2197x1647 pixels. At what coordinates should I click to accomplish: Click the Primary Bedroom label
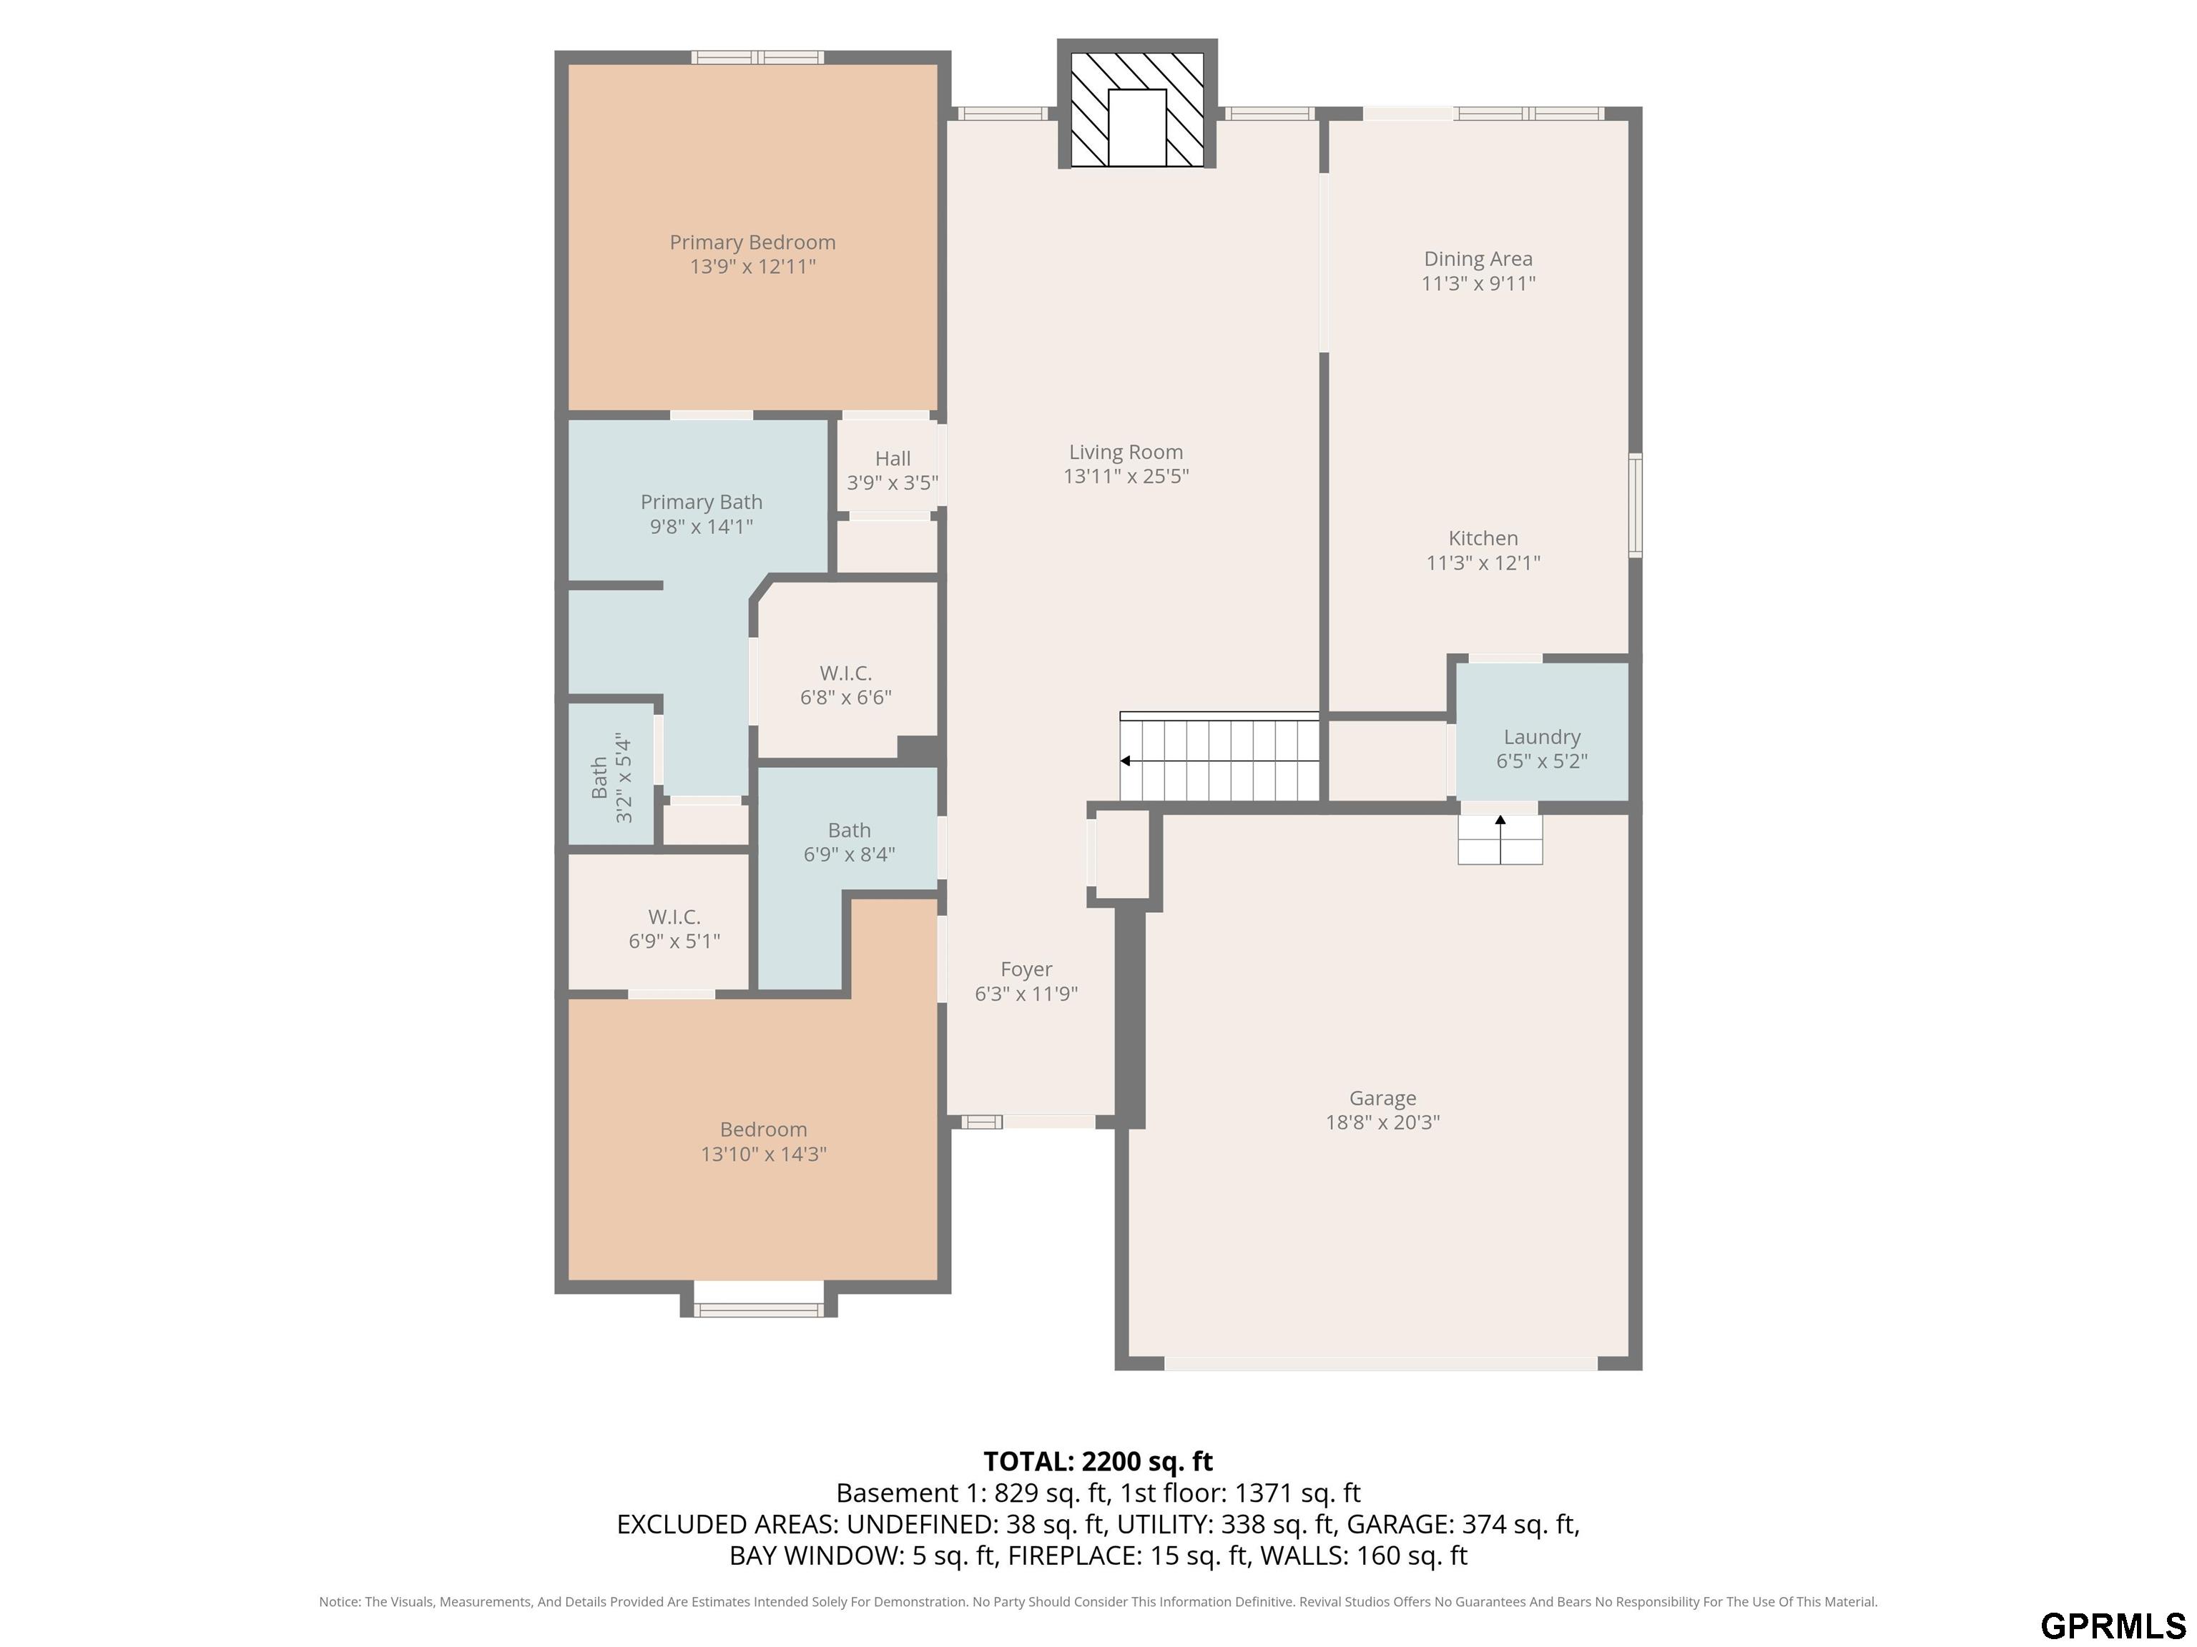click(752, 242)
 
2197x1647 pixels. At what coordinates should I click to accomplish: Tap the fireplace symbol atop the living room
click(1137, 110)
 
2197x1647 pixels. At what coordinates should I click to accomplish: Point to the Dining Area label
click(1478, 259)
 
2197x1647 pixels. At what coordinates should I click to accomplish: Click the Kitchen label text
click(1483, 538)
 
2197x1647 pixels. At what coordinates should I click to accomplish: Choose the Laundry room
click(1541, 732)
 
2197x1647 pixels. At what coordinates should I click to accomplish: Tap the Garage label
click(1382, 1098)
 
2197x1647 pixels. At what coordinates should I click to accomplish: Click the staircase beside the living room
click(1219, 756)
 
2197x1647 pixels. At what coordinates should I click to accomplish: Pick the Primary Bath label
click(701, 503)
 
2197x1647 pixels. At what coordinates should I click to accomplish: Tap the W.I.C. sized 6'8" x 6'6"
click(846, 685)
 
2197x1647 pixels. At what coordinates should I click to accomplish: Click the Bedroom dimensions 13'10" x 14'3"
click(764, 1154)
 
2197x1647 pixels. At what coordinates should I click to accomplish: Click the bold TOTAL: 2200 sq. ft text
click(1098, 1461)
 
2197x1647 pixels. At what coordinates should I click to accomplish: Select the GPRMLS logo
click(2113, 1625)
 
